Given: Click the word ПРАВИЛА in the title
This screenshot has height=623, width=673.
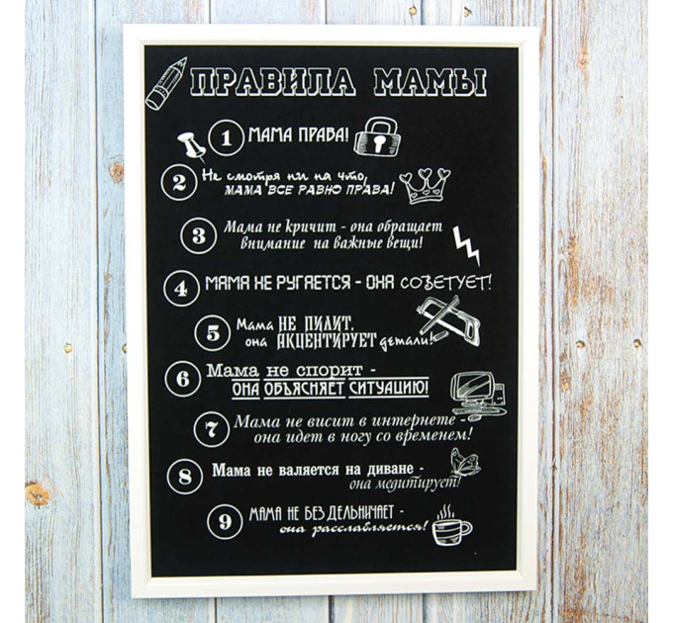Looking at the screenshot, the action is pyautogui.click(x=273, y=81).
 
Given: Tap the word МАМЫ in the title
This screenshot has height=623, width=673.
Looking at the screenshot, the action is pyautogui.click(x=430, y=81).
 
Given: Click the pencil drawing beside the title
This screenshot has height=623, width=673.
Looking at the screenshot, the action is pyautogui.click(x=165, y=83).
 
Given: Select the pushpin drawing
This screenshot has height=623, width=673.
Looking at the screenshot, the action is pyautogui.click(x=191, y=145).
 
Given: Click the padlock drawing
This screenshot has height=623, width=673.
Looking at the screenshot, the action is pyautogui.click(x=378, y=135).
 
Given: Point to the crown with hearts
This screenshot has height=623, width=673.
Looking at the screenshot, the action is pyautogui.click(x=425, y=186).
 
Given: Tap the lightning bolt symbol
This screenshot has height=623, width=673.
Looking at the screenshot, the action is pyautogui.click(x=467, y=245).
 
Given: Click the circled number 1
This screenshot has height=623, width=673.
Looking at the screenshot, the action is pyautogui.click(x=227, y=138).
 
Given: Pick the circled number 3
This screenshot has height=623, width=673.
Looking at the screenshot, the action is pyautogui.click(x=198, y=235).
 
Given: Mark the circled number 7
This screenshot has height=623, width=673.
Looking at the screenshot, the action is pyautogui.click(x=211, y=429).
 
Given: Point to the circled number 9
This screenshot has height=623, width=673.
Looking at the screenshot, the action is pyautogui.click(x=225, y=522).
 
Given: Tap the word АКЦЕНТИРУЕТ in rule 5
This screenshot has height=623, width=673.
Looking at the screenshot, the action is pyautogui.click(x=327, y=341).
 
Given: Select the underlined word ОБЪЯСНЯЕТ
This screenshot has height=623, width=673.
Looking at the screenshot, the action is pyautogui.click(x=304, y=389).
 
